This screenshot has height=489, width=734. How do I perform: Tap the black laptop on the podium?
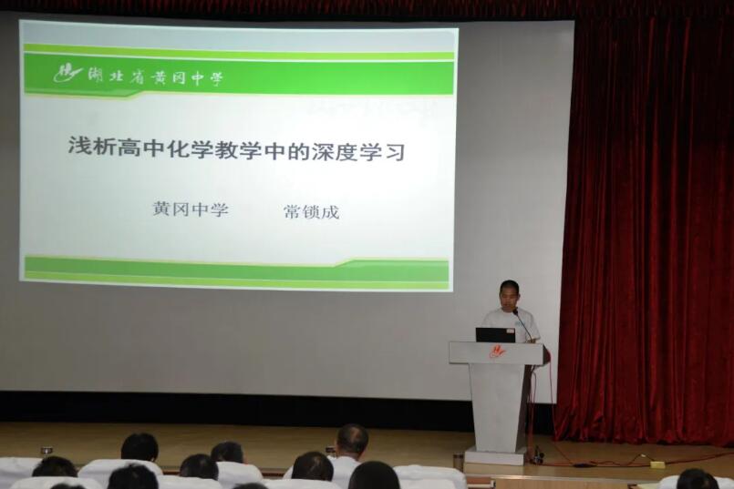coord(495,335)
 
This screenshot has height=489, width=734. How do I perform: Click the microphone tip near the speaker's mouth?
coord(515,311)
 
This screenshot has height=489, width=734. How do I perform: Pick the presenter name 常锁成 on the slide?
coord(311,213)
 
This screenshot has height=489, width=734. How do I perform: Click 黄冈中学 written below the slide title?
coord(191,209)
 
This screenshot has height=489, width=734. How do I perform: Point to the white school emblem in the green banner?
coord(67,73)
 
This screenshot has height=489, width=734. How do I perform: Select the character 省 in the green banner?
coord(138,77)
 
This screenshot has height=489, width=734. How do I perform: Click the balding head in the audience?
coord(353,441)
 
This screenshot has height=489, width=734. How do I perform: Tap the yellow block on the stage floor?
coord(657,464)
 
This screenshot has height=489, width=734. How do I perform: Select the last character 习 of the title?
coord(394,153)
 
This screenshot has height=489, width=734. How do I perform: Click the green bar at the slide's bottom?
coord(236,271)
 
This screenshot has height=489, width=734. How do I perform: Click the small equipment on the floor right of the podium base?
coord(537,456)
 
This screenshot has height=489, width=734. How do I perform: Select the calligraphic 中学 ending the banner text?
coord(207,78)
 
